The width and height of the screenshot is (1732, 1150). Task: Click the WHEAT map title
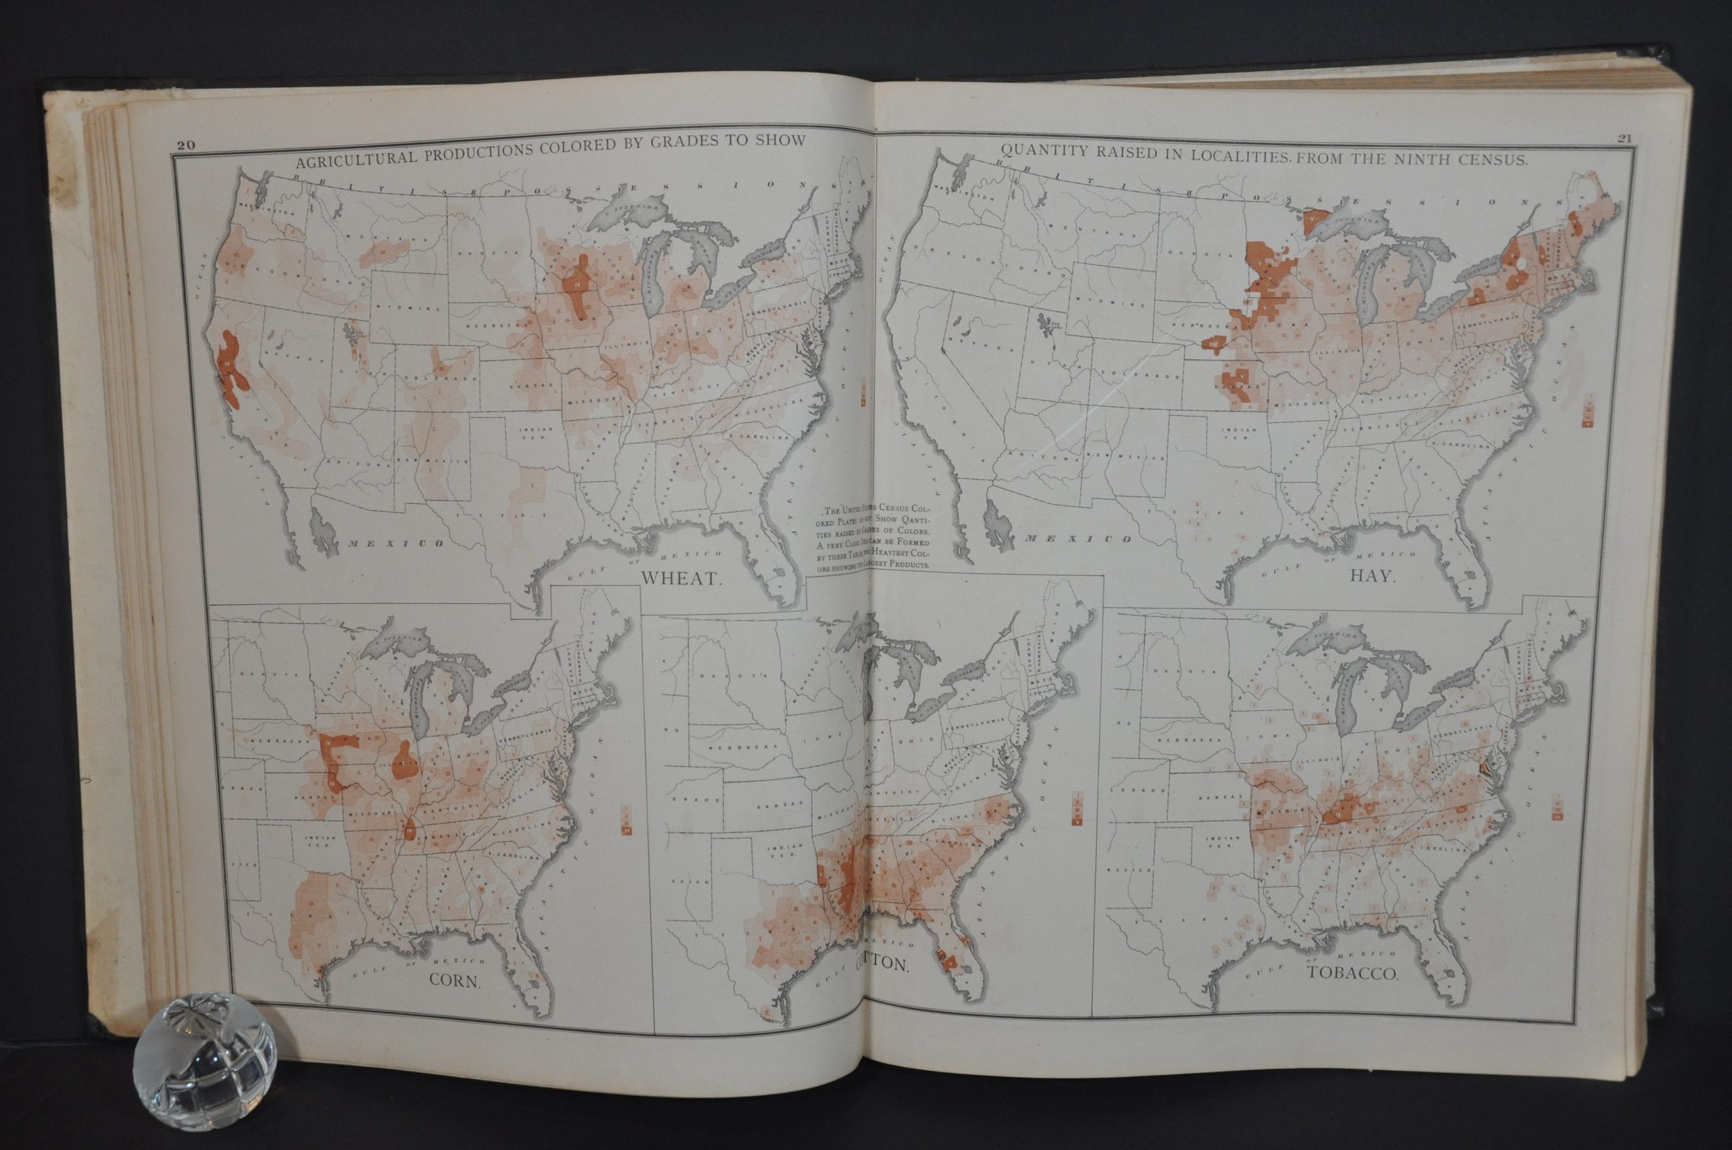coord(682,577)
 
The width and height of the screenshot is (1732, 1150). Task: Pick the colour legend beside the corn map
coord(626,819)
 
